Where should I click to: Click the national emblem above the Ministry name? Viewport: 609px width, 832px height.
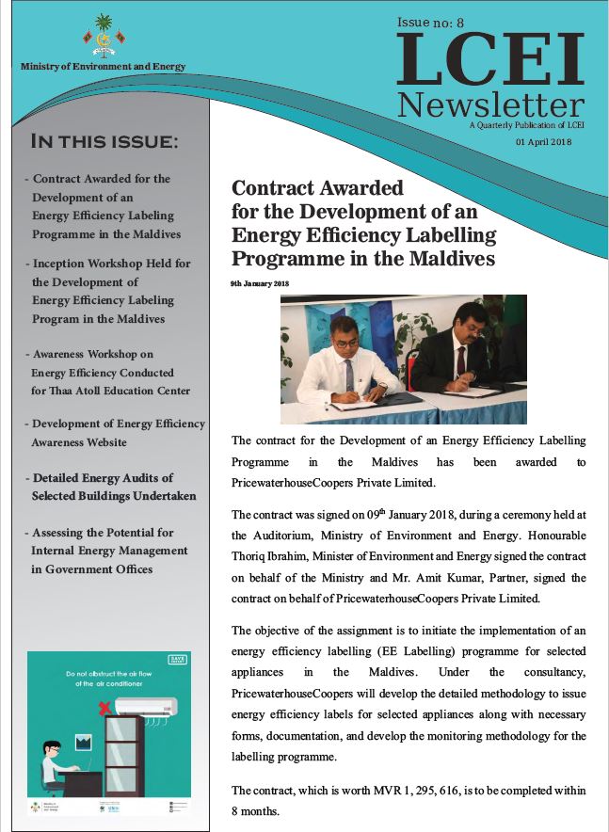coord(104,40)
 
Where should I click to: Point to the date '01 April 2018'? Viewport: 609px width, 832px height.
coord(544,141)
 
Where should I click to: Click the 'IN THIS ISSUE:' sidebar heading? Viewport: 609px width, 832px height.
coord(104,142)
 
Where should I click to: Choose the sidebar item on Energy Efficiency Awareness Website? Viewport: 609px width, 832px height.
coord(80,433)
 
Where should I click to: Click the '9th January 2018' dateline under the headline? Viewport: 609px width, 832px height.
coord(259,283)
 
